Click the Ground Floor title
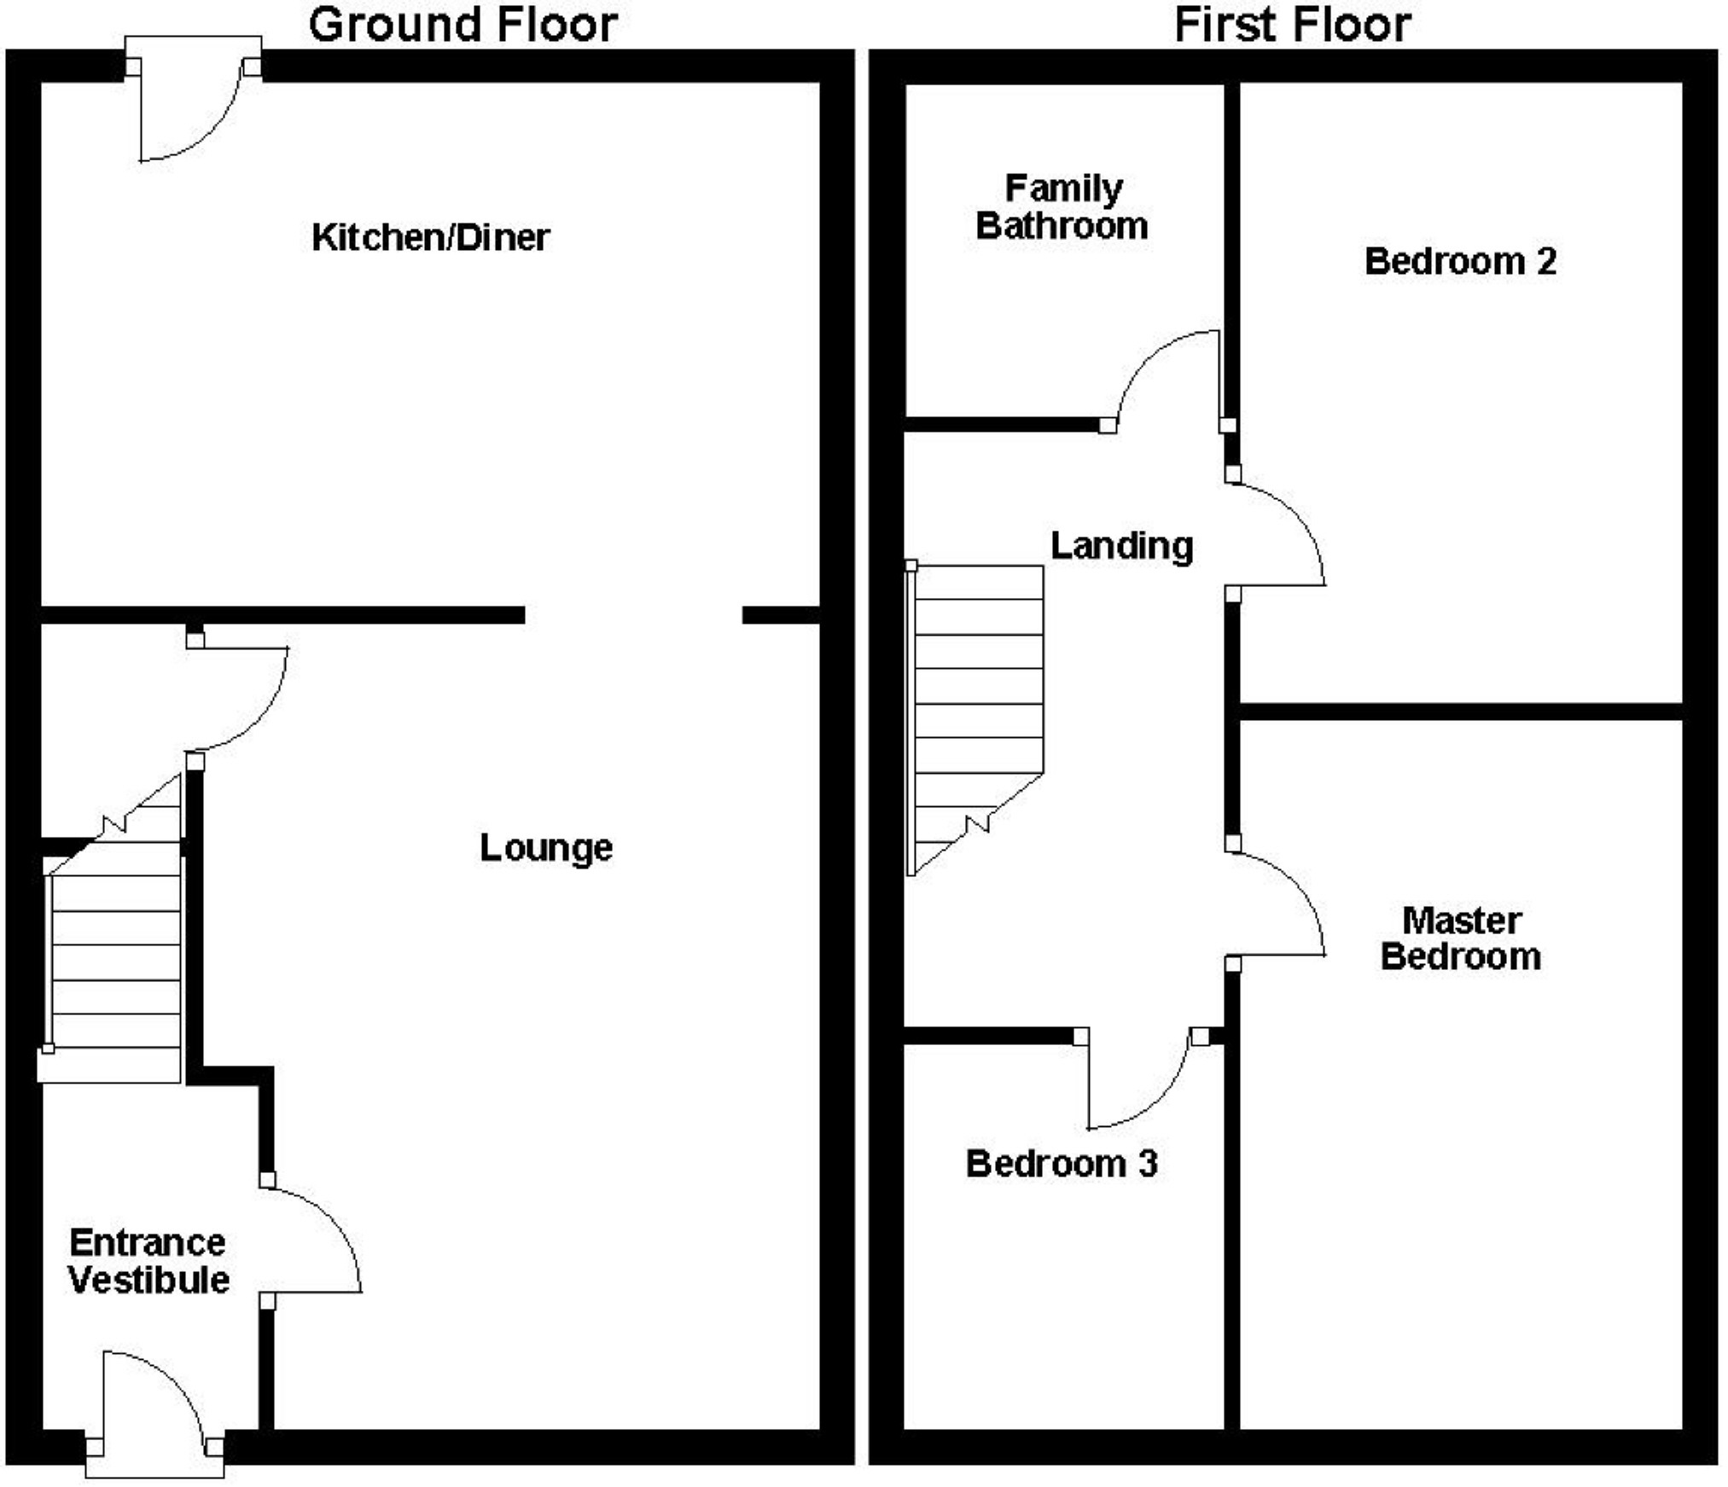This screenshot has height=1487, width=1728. coord(463,26)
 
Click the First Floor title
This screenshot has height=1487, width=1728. coord(1292,26)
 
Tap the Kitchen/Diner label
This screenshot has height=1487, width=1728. coord(430,237)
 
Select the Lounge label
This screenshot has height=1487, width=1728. coord(546,847)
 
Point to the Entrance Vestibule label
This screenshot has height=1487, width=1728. coord(148,1261)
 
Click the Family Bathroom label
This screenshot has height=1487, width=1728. coord(1062,207)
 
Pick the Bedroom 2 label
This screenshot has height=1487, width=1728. coord(1460,261)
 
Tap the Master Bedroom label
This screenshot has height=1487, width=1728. coord(1461,938)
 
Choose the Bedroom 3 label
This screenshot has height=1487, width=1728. coord(1062,1164)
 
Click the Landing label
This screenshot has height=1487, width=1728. coord(1121,546)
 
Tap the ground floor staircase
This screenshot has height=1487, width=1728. coord(116,947)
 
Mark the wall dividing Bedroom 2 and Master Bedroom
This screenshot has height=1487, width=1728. coord(1460,712)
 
